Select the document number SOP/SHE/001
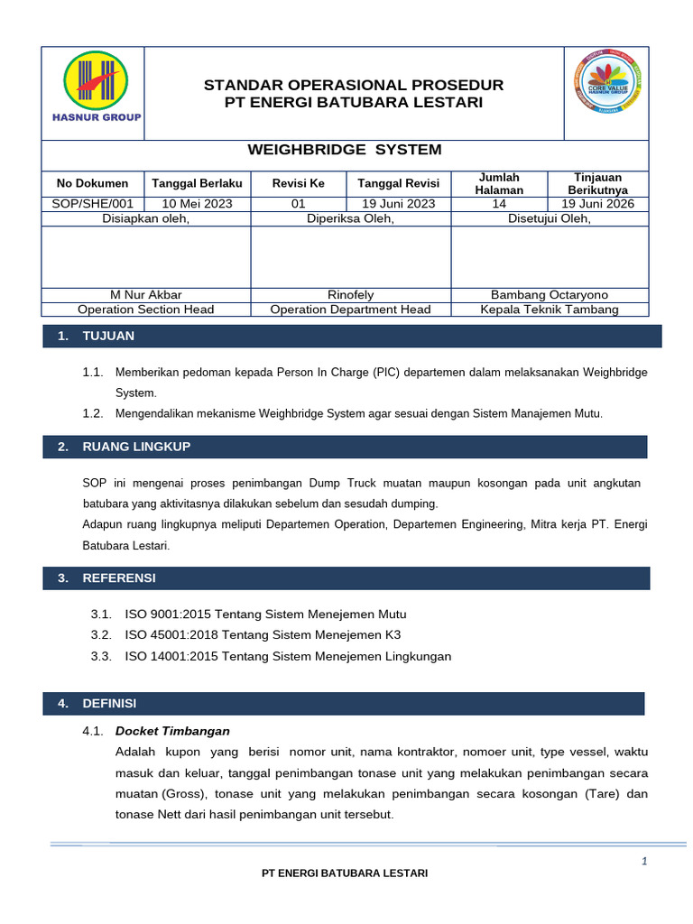pos(93,204)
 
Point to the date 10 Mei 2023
pos(197,204)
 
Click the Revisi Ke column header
pos(298,183)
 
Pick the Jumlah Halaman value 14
pos(499,204)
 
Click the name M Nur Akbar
pos(145,295)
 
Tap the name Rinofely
pos(351,295)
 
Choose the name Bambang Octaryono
pos(550,295)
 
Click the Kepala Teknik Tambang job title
pos(550,310)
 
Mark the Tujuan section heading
pos(108,337)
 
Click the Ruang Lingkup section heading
pos(136,447)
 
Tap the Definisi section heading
pos(109,703)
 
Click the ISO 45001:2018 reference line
pos(263,635)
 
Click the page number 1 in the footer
pos(644,862)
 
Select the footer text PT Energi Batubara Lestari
pos(344,873)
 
